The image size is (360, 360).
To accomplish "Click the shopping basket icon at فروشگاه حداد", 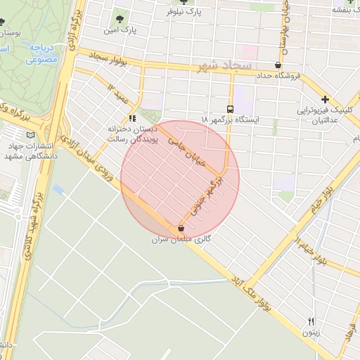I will coord(278,65).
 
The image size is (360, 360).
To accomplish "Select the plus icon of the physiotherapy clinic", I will coord(325,100).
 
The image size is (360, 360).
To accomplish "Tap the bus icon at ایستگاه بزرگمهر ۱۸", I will coord(230,109).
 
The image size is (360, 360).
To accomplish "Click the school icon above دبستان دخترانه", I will coord(131,119).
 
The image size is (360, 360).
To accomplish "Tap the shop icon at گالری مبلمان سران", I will coord(181,229).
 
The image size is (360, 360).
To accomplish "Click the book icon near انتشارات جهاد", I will coord(30,134).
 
